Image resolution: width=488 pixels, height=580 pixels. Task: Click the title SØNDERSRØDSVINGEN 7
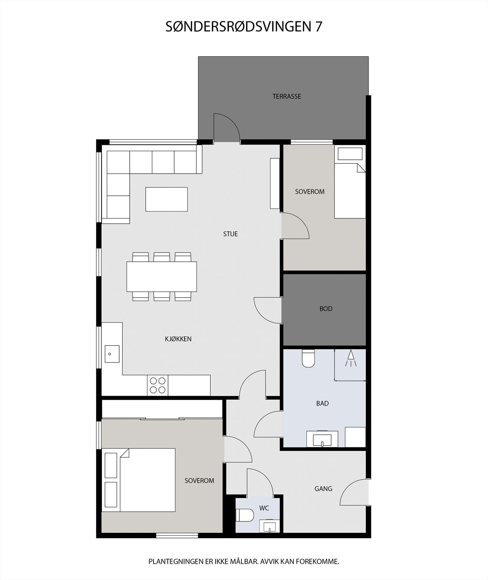coord(243,26)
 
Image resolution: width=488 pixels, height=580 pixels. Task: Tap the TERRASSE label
coord(287,96)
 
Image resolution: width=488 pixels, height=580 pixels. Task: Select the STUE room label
coord(230,234)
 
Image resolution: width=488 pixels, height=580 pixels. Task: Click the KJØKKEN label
coord(178,339)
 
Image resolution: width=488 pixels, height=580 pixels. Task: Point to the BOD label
coord(326,309)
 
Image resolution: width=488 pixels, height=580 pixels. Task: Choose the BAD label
coord(322,403)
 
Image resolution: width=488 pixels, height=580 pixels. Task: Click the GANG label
coord(323,489)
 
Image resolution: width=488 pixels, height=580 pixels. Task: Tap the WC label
coord(264,508)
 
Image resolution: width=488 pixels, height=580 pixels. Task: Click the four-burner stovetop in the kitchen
coord(158,385)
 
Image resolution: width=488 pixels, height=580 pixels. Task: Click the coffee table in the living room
coord(166,199)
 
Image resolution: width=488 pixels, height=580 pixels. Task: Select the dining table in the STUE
coord(162,277)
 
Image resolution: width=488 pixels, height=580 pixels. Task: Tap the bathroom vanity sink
coord(322,439)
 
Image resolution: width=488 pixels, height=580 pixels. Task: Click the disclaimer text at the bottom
coord(243,562)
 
